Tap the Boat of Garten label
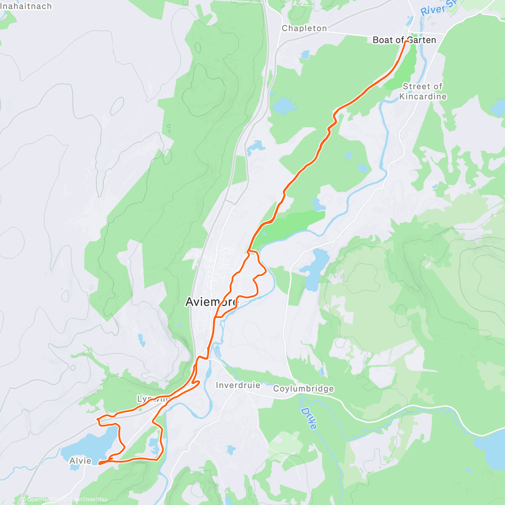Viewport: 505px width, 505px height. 404,40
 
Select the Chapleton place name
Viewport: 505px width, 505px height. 304,28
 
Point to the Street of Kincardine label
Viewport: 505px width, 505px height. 423,91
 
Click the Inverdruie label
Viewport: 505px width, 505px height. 238,385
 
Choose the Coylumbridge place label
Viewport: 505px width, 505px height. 303,388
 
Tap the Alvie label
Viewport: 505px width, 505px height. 80,461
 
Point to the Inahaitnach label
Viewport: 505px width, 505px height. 26,6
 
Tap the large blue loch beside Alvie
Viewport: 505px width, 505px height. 90,444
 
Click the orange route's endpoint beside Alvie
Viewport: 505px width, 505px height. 100,463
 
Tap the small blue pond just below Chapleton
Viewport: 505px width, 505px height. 305,54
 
